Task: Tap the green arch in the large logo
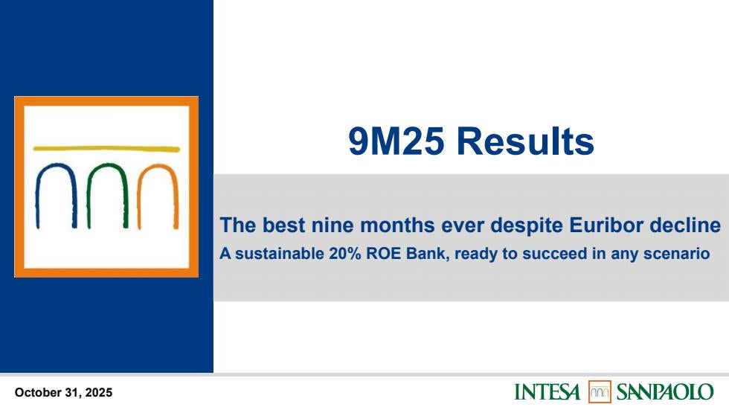click(x=107, y=164)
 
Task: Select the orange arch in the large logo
click(x=158, y=166)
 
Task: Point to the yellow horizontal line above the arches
click(x=106, y=149)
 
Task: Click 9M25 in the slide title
click(x=396, y=141)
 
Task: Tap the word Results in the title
click(x=525, y=141)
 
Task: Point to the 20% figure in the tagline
click(x=345, y=254)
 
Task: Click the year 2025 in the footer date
click(x=98, y=393)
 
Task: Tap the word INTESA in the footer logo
click(x=547, y=392)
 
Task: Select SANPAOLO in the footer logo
click(x=665, y=392)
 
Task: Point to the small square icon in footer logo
click(x=600, y=392)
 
